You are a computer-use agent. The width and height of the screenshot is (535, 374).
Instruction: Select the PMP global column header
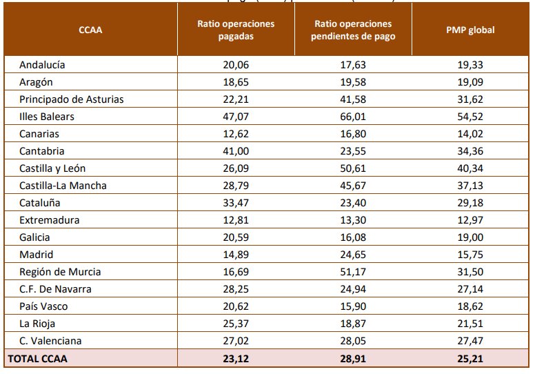pyautogui.click(x=471, y=30)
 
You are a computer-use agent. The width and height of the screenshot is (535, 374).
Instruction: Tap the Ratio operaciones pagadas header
pyautogui.click(x=236, y=30)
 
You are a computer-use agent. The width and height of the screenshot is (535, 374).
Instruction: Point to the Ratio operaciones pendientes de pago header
pyautogui.click(x=353, y=30)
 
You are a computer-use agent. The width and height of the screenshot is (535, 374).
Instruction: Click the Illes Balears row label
pyautogui.click(x=47, y=117)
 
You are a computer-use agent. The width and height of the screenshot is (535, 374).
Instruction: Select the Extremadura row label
pyautogui.click(x=50, y=220)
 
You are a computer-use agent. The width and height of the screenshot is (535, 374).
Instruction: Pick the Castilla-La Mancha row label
pyautogui.click(x=63, y=186)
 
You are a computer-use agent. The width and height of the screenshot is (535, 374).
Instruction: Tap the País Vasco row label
pyautogui.click(x=43, y=306)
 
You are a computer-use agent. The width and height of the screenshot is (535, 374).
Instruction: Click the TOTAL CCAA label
pyautogui.click(x=38, y=359)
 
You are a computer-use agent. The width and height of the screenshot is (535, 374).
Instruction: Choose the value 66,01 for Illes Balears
pyautogui.click(x=353, y=117)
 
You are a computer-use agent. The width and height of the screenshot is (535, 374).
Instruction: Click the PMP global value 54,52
pyautogui.click(x=471, y=117)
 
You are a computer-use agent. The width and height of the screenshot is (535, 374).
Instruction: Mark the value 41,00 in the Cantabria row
pyautogui.click(x=236, y=151)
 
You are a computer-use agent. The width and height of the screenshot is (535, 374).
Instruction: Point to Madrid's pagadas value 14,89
pyautogui.click(x=236, y=255)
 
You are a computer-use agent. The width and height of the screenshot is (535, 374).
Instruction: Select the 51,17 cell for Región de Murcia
pyautogui.click(x=353, y=272)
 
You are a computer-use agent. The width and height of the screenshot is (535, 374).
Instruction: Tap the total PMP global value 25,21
pyautogui.click(x=471, y=359)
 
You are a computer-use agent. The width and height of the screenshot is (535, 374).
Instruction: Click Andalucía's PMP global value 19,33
pyautogui.click(x=471, y=65)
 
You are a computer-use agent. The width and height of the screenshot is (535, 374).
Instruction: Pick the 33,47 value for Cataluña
pyautogui.click(x=236, y=203)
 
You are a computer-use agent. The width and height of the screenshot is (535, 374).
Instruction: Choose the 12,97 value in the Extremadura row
pyautogui.click(x=471, y=220)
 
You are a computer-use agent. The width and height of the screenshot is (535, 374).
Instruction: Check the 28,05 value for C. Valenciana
pyautogui.click(x=353, y=341)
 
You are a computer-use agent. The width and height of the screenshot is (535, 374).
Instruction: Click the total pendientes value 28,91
pyautogui.click(x=353, y=359)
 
